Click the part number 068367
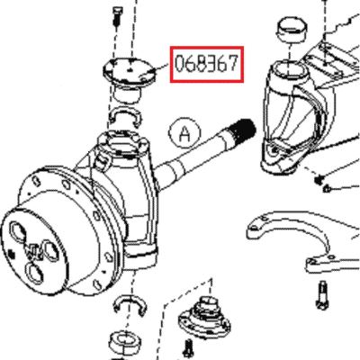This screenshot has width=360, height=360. click(206, 64)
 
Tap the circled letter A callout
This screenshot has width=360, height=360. click(184, 133)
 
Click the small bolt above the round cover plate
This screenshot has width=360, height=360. click(116, 16)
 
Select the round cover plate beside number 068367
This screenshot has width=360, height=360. click(130, 72)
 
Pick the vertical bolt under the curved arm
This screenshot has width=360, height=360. click(321, 294)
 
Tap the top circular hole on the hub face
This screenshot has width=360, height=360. click(17, 231)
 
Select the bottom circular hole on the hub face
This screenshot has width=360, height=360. click(35, 273)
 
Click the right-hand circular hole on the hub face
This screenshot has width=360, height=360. click(51, 250)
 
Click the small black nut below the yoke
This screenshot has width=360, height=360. click(319, 180)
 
